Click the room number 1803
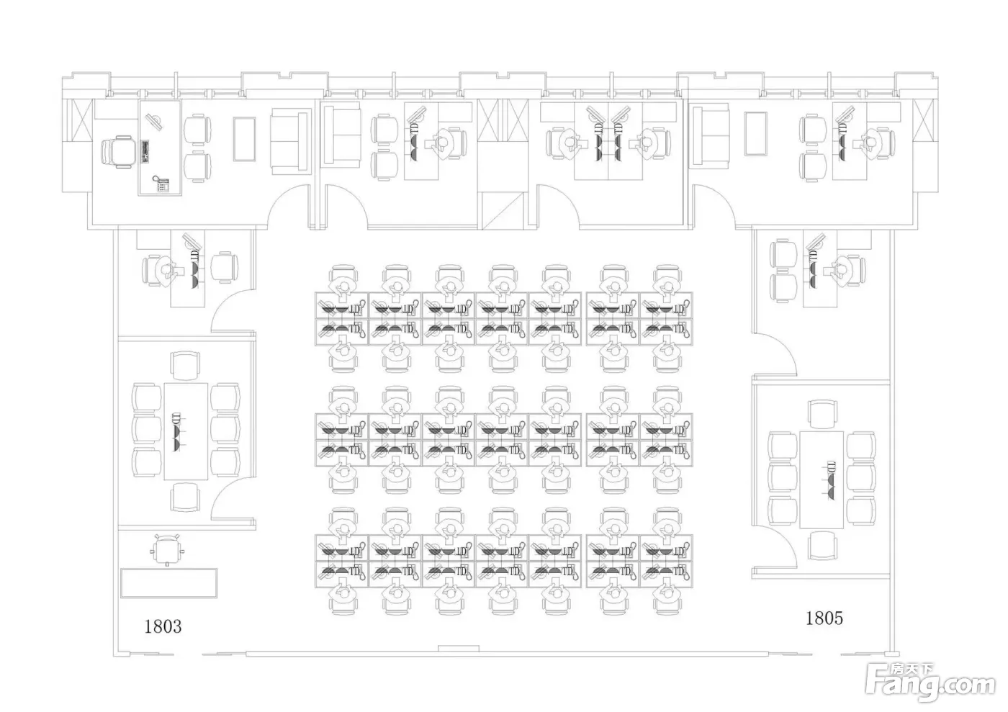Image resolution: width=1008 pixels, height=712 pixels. tap(163, 626)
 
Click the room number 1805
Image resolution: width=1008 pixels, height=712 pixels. tap(824, 618)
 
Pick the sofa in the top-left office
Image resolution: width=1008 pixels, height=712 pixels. tap(292, 141)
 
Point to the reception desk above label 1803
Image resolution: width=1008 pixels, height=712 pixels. tap(168, 582)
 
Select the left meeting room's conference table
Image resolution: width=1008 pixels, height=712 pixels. tap(186, 431)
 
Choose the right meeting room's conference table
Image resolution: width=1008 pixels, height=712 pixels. tap(821, 479)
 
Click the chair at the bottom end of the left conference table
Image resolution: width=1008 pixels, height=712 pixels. tap(185, 497)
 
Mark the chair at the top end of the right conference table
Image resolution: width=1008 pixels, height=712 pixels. tap(822, 414)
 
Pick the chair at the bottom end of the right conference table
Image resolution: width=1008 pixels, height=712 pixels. tap(822, 545)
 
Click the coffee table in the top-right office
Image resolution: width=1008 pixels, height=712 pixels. tap(755, 133)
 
